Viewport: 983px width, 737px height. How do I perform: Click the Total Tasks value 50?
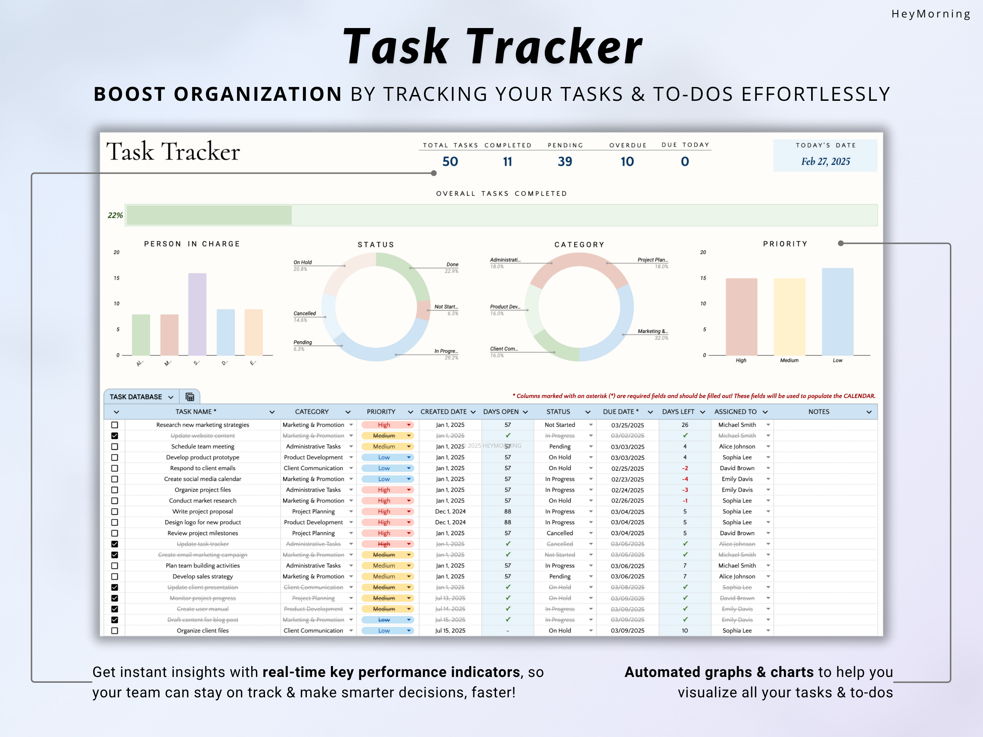click(x=450, y=161)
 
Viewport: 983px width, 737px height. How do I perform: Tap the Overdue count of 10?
click(x=627, y=161)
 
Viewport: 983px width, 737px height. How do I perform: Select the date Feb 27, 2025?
click(x=825, y=161)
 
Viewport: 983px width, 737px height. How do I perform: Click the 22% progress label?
click(x=115, y=215)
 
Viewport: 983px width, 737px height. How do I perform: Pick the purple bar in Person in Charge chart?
click(x=197, y=314)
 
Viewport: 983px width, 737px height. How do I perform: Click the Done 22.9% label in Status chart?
click(x=451, y=267)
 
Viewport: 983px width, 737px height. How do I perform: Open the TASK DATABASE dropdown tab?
click(x=141, y=397)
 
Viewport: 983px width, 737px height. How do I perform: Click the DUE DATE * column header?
click(x=620, y=412)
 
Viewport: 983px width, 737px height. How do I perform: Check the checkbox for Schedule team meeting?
click(x=115, y=447)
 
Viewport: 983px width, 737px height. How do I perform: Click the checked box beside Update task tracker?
click(x=115, y=544)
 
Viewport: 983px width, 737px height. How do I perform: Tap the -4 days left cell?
click(x=684, y=479)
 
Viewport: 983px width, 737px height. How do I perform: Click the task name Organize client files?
click(x=203, y=630)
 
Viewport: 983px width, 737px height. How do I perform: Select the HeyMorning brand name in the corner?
click(x=931, y=14)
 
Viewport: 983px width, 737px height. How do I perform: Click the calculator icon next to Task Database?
click(x=190, y=397)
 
